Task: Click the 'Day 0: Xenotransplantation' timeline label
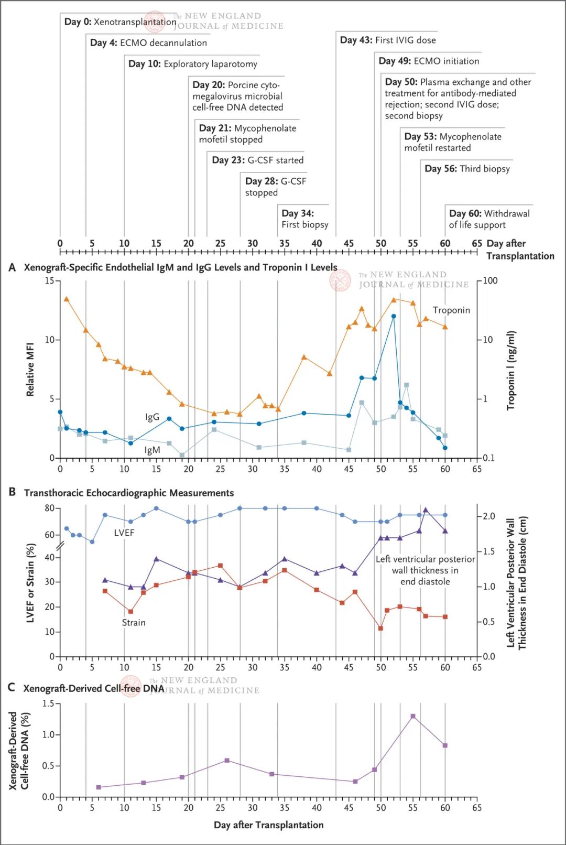119,22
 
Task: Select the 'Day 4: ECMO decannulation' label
148,43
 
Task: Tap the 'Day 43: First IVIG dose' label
388,40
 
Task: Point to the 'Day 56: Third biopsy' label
467,168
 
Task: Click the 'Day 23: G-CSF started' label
257,160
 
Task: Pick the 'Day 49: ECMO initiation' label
429,61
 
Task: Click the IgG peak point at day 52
394,317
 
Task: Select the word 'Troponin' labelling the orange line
451,310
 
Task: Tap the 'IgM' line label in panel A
152,450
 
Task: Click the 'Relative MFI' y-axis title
30,369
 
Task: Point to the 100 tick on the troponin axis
490,280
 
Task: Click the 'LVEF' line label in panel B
124,533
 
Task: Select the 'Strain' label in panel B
134,622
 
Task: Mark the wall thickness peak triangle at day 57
426,510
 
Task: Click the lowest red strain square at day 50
380,628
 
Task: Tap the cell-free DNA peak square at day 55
413,716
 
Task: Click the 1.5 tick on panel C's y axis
48,703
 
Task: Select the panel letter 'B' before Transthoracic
12,492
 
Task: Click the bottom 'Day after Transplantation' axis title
268,825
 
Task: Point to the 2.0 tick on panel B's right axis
488,516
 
